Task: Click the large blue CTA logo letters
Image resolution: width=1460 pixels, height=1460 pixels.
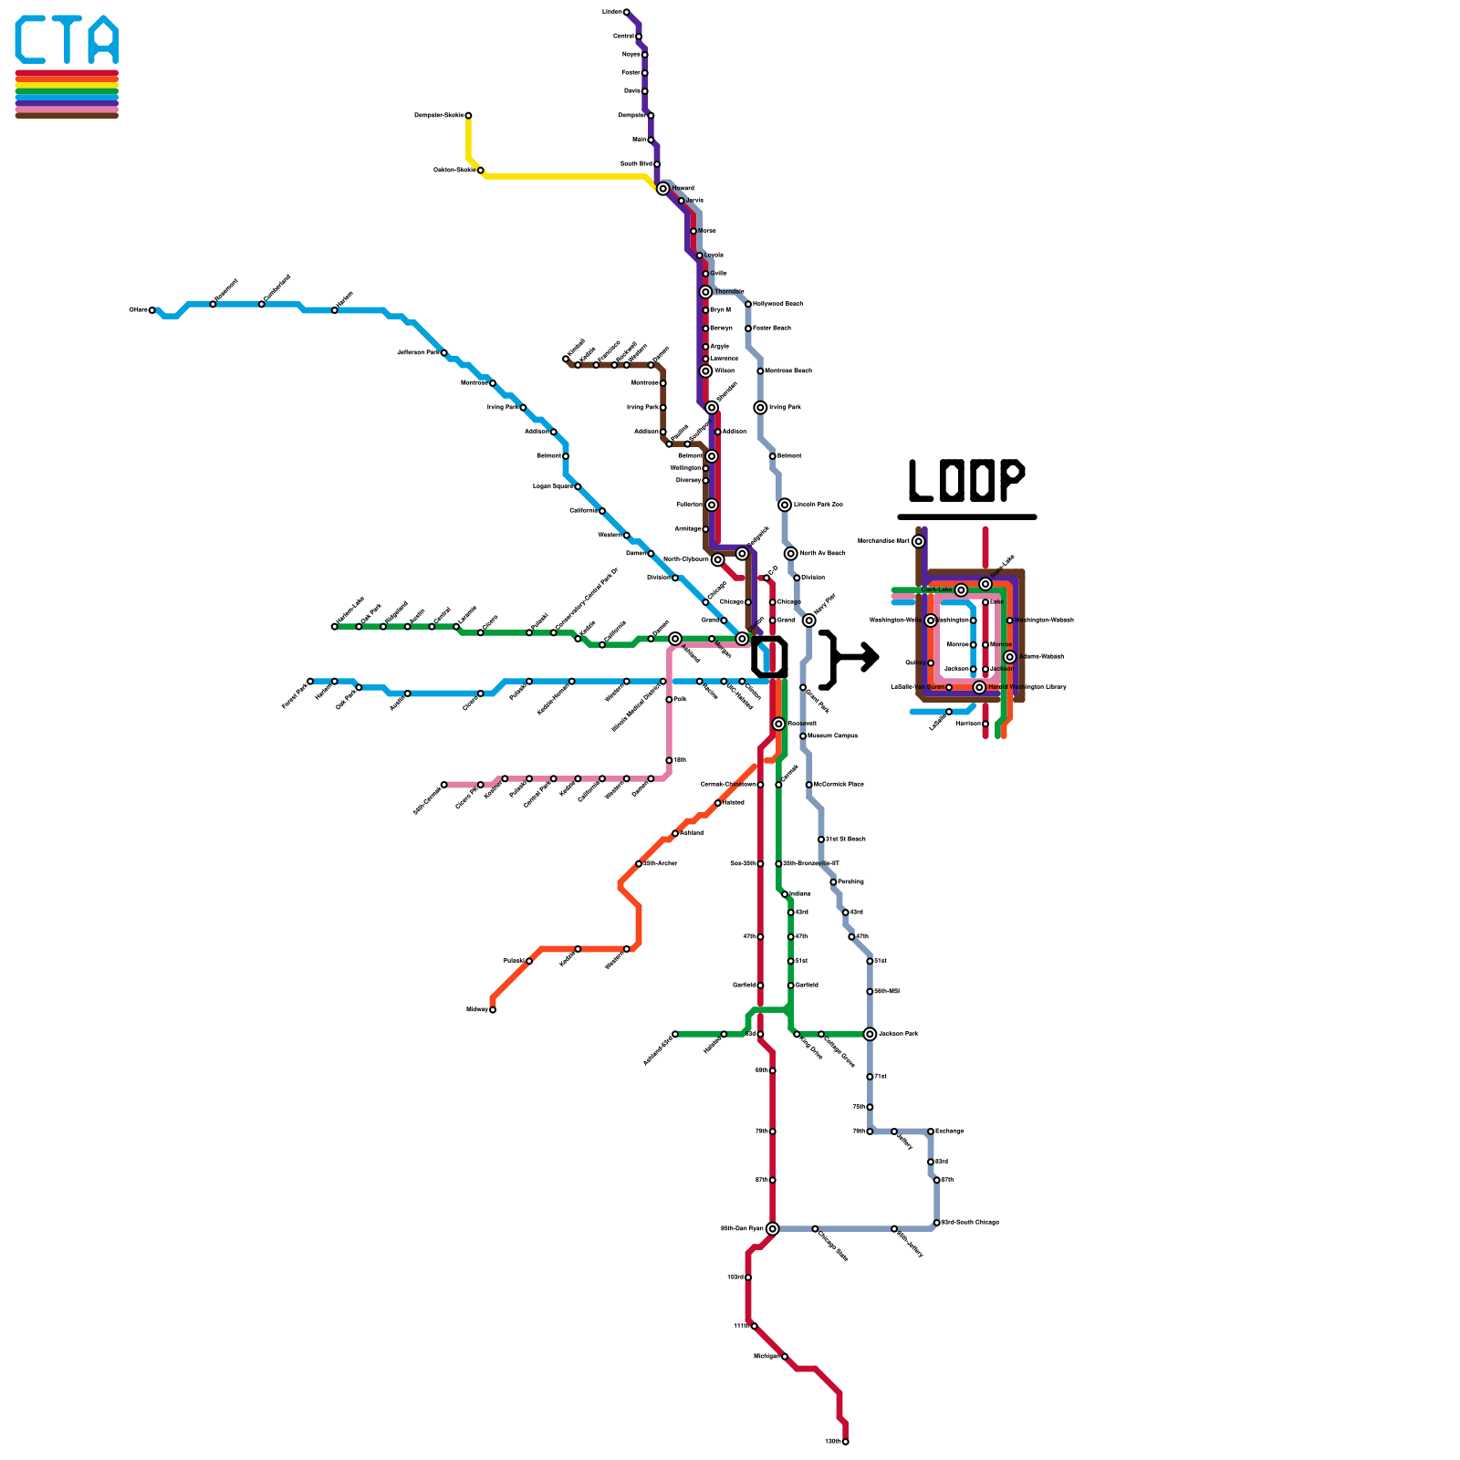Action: pyautogui.click(x=67, y=41)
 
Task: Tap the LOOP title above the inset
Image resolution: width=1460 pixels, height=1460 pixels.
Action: pyautogui.click(x=967, y=481)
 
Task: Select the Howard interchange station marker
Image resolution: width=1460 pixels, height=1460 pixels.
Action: pyautogui.click(x=663, y=189)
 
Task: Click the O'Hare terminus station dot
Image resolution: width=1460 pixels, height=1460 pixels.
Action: pyautogui.click(x=152, y=310)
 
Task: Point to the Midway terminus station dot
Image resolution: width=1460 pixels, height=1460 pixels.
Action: pyautogui.click(x=493, y=1009)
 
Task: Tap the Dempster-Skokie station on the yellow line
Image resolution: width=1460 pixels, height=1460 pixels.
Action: pyautogui.click(x=468, y=116)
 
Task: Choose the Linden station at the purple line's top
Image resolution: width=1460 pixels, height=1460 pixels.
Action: pyautogui.click(x=626, y=12)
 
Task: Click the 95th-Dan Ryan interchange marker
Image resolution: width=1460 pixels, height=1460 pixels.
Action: pyautogui.click(x=772, y=1228)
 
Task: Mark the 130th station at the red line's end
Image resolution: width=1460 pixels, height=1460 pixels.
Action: pyautogui.click(x=845, y=1442)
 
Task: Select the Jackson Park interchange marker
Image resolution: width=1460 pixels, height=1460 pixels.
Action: pyautogui.click(x=870, y=1034)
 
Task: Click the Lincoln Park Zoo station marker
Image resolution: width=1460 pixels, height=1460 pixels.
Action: pyautogui.click(x=785, y=505)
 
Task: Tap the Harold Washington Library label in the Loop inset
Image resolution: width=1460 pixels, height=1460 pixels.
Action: pyautogui.click(x=1027, y=687)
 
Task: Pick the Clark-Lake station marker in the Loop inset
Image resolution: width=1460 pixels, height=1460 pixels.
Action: pyautogui.click(x=961, y=590)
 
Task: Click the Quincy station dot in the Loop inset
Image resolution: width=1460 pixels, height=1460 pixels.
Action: pyautogui.click(x=931, y=663)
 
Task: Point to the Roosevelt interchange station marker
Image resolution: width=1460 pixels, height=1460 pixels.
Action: pyautogui.click(x=778, y=724)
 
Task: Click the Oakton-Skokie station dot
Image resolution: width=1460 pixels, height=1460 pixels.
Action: pyautogui.click(x=481, y=171)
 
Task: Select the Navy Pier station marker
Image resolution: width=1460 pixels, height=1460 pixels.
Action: pyautogui.click(x=808, y=620)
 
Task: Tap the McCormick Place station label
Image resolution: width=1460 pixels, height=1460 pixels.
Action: pyautogui.click(x=838, y=785)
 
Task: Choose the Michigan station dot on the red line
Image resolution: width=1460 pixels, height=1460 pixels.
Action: pyautogui.click(x=785, y=1357)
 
